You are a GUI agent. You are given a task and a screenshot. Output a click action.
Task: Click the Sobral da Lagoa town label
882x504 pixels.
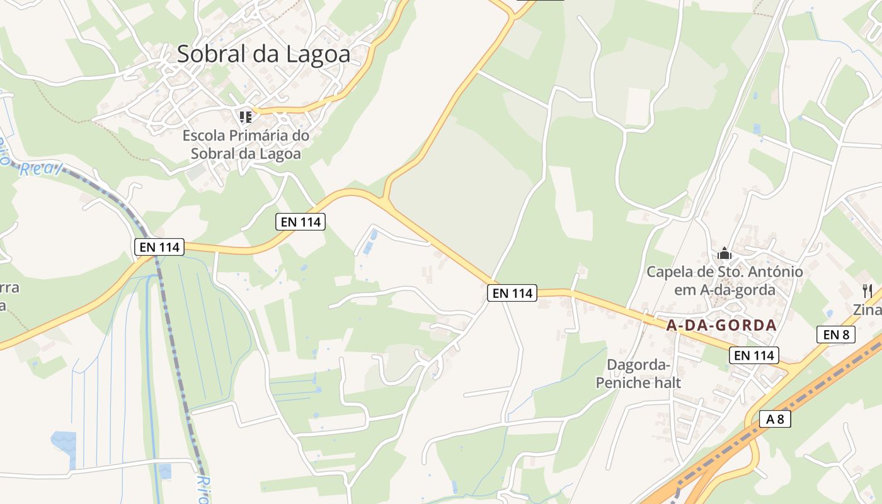point(263,54)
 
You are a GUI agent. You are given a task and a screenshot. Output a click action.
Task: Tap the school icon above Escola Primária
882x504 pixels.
point(246,117)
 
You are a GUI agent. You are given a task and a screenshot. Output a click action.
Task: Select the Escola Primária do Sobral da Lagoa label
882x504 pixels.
point(246,144)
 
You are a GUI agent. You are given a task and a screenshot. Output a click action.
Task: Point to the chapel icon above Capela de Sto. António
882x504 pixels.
point(724,253)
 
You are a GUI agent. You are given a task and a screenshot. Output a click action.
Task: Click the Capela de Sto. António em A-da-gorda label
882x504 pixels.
point(724,281)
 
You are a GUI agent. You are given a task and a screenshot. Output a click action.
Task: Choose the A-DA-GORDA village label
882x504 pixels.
point(721,326)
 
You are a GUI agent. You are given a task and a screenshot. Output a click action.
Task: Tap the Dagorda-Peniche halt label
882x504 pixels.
point(638,374)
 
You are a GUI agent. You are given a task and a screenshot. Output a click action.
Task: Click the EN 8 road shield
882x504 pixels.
point(836,335)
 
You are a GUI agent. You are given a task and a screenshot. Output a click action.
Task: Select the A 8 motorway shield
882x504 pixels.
point(775,418)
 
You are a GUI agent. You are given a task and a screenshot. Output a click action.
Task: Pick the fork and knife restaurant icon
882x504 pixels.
point(868,290)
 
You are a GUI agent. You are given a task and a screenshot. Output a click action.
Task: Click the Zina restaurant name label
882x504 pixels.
point(868,310)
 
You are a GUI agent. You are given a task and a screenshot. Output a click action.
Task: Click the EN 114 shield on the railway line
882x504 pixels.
point(160,247)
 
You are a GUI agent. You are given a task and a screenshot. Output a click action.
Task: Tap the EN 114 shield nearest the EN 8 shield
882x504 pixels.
point(755,355)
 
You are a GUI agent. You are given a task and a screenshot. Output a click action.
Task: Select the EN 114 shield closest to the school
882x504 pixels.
point(301,222)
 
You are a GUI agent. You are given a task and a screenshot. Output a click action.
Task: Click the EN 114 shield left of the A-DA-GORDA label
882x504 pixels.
point(512,292)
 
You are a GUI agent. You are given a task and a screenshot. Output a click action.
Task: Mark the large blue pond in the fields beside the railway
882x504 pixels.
point(63,441)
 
